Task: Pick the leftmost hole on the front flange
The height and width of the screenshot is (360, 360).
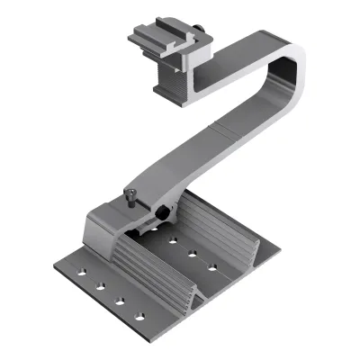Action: [x=82, y=271]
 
